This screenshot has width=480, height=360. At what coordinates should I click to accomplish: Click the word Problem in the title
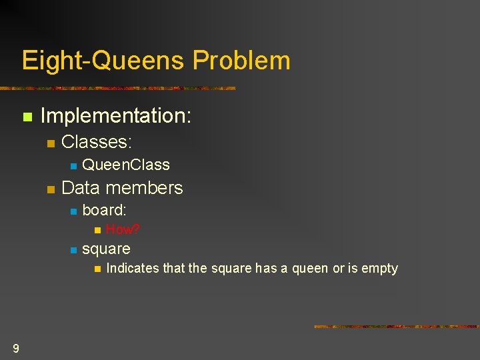[x=241, y=60]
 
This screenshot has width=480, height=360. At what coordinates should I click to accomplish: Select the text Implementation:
[x=116, y=116]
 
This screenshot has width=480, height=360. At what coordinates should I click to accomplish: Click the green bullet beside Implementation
[x=27, y=117]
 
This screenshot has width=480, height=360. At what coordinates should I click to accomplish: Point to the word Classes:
[x=97, y=142]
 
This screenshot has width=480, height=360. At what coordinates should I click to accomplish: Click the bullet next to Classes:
[x=51, y=143]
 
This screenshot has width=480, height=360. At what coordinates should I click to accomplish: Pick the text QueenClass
[x=126, y=165]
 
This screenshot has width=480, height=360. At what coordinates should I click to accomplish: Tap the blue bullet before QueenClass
[x=73, y=166]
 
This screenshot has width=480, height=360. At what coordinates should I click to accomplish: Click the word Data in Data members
[x=81, y=187]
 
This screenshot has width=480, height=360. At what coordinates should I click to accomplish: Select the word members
[x=144, y=187]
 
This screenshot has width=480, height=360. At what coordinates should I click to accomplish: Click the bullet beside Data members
[x=51, y=189]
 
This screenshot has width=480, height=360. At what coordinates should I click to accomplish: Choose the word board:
[x=104, y=210]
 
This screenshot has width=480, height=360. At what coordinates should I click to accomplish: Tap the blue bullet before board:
[x=73, y=211]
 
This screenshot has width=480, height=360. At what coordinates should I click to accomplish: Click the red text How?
[x=123, y=229]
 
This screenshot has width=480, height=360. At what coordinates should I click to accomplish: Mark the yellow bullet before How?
[x=97, y=230]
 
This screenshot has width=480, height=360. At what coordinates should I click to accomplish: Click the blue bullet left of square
[x=73, y=251]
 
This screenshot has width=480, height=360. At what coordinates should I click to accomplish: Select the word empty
[x=379, y=269]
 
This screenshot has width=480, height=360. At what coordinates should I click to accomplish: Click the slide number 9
[x=16, y=349]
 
